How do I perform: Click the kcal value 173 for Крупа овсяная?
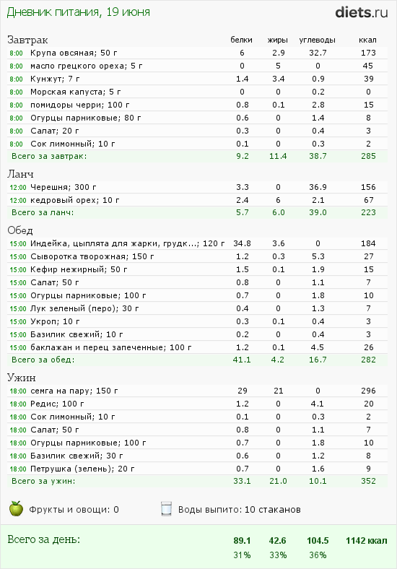(x=368, y=53)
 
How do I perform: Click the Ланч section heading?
(x=20, y=174)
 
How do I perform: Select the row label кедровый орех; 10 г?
(x=68, y=199)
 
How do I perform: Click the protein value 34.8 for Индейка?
(x=243, y=243)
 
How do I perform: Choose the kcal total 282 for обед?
(x=368, y=360)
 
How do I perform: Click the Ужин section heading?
(x=22, y=377)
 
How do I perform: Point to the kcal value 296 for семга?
(x=368, y=391)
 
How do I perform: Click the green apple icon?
(x=16, y=509)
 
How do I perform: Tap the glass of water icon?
(x=166, y=509)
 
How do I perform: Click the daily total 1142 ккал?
(x=366, y=540)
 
